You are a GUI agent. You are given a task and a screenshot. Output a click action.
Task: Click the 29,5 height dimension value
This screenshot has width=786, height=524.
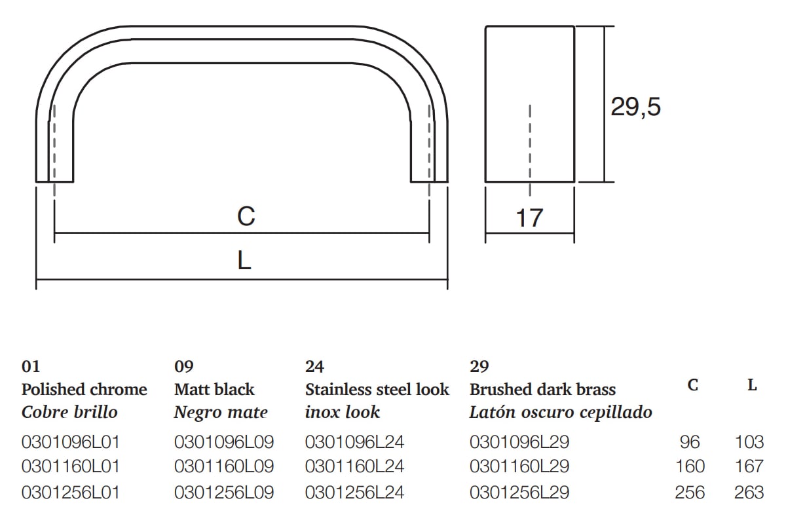[x=635, y=106]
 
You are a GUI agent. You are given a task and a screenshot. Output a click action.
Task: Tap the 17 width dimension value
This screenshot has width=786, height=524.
[x=529, y=217]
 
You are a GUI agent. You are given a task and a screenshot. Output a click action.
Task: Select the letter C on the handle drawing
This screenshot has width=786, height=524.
[x=246, y=215]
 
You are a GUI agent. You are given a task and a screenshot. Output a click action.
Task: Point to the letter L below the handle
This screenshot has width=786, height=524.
[x=244, y=262]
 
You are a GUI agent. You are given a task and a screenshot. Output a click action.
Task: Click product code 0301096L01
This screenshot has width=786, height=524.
[x=71, y=441]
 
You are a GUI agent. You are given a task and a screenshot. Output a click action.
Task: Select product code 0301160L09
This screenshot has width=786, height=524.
[x=224, y=466]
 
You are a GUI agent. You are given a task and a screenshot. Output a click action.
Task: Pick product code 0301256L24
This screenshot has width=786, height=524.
[x=354, y=492]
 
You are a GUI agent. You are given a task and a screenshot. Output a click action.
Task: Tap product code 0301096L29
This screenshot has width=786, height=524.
[x=519, y=441]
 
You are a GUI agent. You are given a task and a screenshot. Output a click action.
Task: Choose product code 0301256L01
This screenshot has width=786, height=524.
[x=71, y=492]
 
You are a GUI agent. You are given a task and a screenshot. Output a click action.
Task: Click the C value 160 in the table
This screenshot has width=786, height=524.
[x=690, y=466]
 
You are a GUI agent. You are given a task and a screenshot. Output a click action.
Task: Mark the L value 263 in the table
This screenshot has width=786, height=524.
[x=749, y=492]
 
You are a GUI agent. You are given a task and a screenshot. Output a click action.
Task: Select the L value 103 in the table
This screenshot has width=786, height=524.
[x=749, y=441]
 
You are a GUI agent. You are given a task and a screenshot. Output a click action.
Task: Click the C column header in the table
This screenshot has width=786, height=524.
[x=693, y=385]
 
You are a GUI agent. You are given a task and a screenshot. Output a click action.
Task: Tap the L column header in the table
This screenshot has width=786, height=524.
[x=753, y=385]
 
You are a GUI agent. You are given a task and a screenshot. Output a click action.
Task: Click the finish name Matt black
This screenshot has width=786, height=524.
[x=214, y=390]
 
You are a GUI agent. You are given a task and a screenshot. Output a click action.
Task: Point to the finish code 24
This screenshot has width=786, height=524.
[x=314, y=367]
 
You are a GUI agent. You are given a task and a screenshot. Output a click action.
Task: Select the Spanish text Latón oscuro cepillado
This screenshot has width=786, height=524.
[x=561, y=413]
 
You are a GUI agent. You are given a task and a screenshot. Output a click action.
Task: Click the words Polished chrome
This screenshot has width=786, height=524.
[x=84, y=390]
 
